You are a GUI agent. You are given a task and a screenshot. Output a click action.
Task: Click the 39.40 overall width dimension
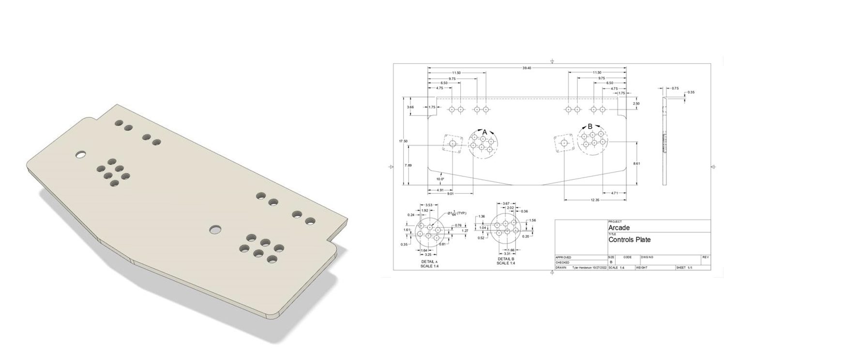coord(527,68)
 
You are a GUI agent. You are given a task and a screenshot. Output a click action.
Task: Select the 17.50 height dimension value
coord(403,141)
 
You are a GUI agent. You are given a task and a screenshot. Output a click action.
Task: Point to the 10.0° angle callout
coord(439,179)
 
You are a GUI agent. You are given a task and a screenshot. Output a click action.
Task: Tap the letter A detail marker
coord(484,131)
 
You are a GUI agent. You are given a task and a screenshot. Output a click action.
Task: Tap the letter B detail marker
coord(589,126)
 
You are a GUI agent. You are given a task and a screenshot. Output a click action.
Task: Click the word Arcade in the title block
coord(619,228)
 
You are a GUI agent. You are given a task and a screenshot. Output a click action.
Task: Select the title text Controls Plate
coord(629,240)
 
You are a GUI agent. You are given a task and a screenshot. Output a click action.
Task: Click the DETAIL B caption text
coord(505,259)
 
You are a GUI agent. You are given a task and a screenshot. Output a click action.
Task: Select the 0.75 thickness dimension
coord(675,88)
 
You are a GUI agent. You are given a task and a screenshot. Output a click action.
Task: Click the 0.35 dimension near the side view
coord(691,92)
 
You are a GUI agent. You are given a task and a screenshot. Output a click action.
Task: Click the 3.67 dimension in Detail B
coord(506,204)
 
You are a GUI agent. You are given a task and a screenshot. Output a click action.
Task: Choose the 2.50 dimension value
coord(636,104)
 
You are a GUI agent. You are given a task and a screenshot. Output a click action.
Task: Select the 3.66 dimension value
coord(410,107)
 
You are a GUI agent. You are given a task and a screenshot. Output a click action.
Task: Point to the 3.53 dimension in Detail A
coord(429,206)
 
